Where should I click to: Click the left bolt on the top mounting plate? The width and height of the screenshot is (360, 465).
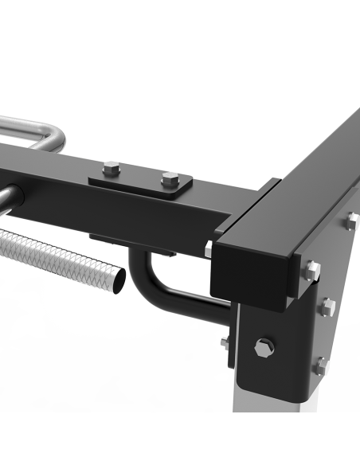click(x=112, y=168)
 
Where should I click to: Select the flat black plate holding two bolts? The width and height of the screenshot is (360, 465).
click(x=140, y=182)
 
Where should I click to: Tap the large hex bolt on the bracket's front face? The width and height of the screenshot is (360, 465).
click(x=264, y=347)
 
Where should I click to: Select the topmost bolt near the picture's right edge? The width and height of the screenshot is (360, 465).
click(x=351, y=222)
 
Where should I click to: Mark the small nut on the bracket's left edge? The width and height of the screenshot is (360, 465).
click(x=226, y=342)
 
